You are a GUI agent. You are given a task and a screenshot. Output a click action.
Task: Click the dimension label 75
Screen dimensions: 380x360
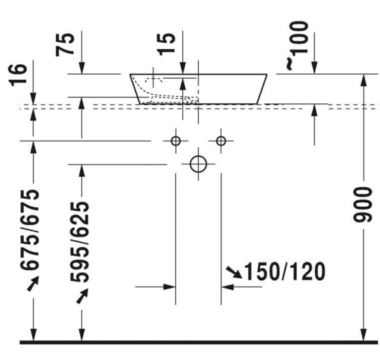point(65,45)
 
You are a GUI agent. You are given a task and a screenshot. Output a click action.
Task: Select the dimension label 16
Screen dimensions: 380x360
point(18,75)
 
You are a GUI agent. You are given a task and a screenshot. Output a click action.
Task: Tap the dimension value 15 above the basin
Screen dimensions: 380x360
point(166,45)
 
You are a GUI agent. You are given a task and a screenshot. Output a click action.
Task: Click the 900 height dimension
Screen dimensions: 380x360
point(362,205)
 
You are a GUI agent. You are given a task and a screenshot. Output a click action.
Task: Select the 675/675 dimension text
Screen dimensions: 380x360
point(29,230)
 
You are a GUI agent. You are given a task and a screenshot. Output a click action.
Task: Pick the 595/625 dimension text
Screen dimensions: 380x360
point(80,242)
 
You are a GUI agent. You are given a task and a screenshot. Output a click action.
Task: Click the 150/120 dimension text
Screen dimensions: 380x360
point(285,271)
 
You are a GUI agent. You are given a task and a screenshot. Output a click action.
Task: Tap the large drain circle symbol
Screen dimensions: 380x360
point(199,164)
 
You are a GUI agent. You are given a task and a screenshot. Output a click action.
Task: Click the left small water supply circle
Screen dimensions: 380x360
point(176,141)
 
